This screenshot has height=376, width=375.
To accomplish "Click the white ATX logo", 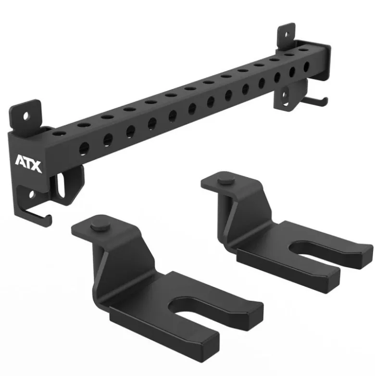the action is tap(28, 164).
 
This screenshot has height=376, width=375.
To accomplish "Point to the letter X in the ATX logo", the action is tap(37, 167).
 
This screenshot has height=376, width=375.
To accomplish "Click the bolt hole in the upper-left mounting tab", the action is tap(26, 117).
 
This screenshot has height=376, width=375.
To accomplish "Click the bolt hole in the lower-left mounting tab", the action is tap(32, 194).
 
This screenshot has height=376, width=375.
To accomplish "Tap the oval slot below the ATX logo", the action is tap(61, 186).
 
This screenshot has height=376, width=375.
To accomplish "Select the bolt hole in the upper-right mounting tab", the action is tap(287, 35).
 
